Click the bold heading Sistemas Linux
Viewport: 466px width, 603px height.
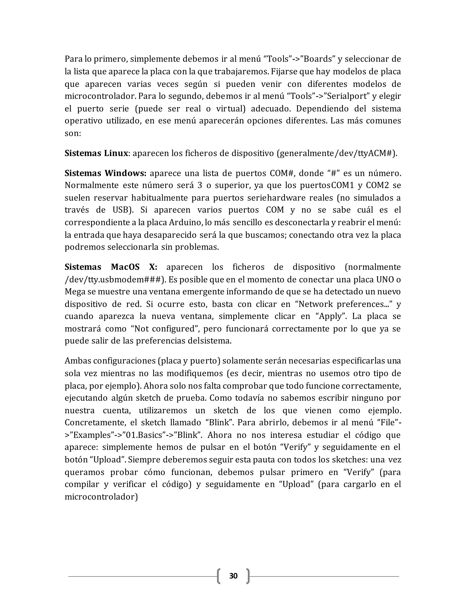point(96,153)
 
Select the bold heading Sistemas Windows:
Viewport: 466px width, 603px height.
point(105,173)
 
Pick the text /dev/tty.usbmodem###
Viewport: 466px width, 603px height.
point(112,280)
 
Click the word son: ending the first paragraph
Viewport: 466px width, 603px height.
point(73,134)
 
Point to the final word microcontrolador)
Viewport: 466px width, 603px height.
point(101,497)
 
